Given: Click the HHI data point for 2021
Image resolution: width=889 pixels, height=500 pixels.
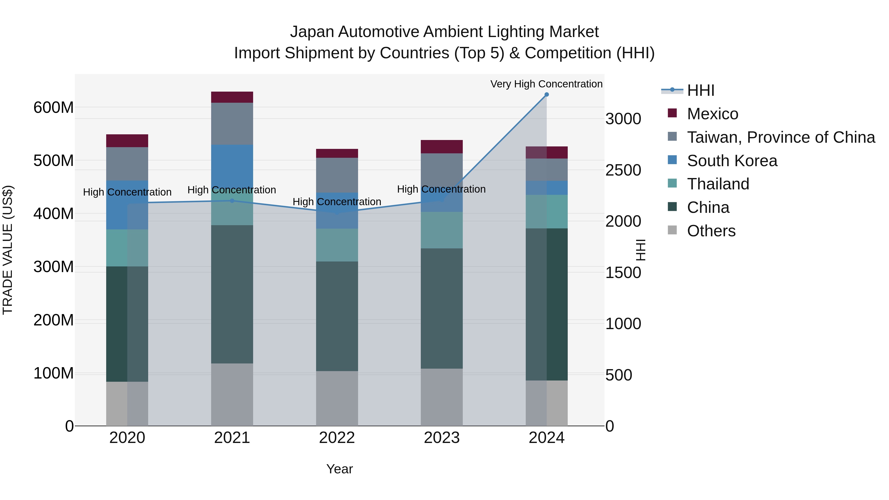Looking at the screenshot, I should [232, 200].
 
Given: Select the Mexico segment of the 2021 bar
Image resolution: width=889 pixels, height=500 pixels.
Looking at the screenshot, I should [232, 97].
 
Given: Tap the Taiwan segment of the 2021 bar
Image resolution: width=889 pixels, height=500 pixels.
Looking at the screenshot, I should [232, 123].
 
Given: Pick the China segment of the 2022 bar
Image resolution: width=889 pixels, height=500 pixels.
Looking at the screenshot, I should [337, 316].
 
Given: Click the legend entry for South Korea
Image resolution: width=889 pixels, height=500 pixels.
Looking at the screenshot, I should [732, 161].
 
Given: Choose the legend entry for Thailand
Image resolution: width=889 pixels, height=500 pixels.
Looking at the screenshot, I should [718, 184].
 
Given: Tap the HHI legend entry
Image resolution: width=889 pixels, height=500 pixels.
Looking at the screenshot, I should [700, 90].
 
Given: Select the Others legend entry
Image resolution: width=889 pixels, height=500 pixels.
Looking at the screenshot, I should [711, 231].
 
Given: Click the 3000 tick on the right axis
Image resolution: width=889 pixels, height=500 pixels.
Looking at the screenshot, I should [623, 119].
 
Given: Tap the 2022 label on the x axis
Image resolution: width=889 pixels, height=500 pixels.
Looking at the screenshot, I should [337, 438].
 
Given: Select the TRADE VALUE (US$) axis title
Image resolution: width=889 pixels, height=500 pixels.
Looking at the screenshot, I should [8, 250].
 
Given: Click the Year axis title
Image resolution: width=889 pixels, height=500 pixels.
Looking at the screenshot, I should [339, 469].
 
